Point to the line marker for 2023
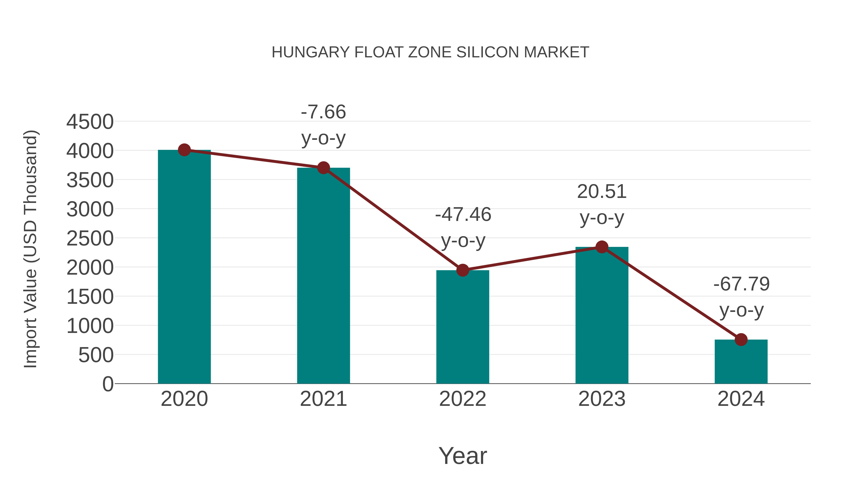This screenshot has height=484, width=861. point(602,247)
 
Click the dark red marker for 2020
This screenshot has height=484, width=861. point(184,150)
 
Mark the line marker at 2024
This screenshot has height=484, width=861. point(741,340)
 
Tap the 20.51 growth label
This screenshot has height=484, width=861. point(602,192)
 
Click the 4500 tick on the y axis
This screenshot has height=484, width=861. point(90,122)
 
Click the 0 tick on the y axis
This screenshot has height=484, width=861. point(108,384)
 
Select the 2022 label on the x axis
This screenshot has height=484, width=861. point(463,399)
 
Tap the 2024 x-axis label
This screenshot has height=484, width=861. point(741,399)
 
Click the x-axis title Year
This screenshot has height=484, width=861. point(463,456)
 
